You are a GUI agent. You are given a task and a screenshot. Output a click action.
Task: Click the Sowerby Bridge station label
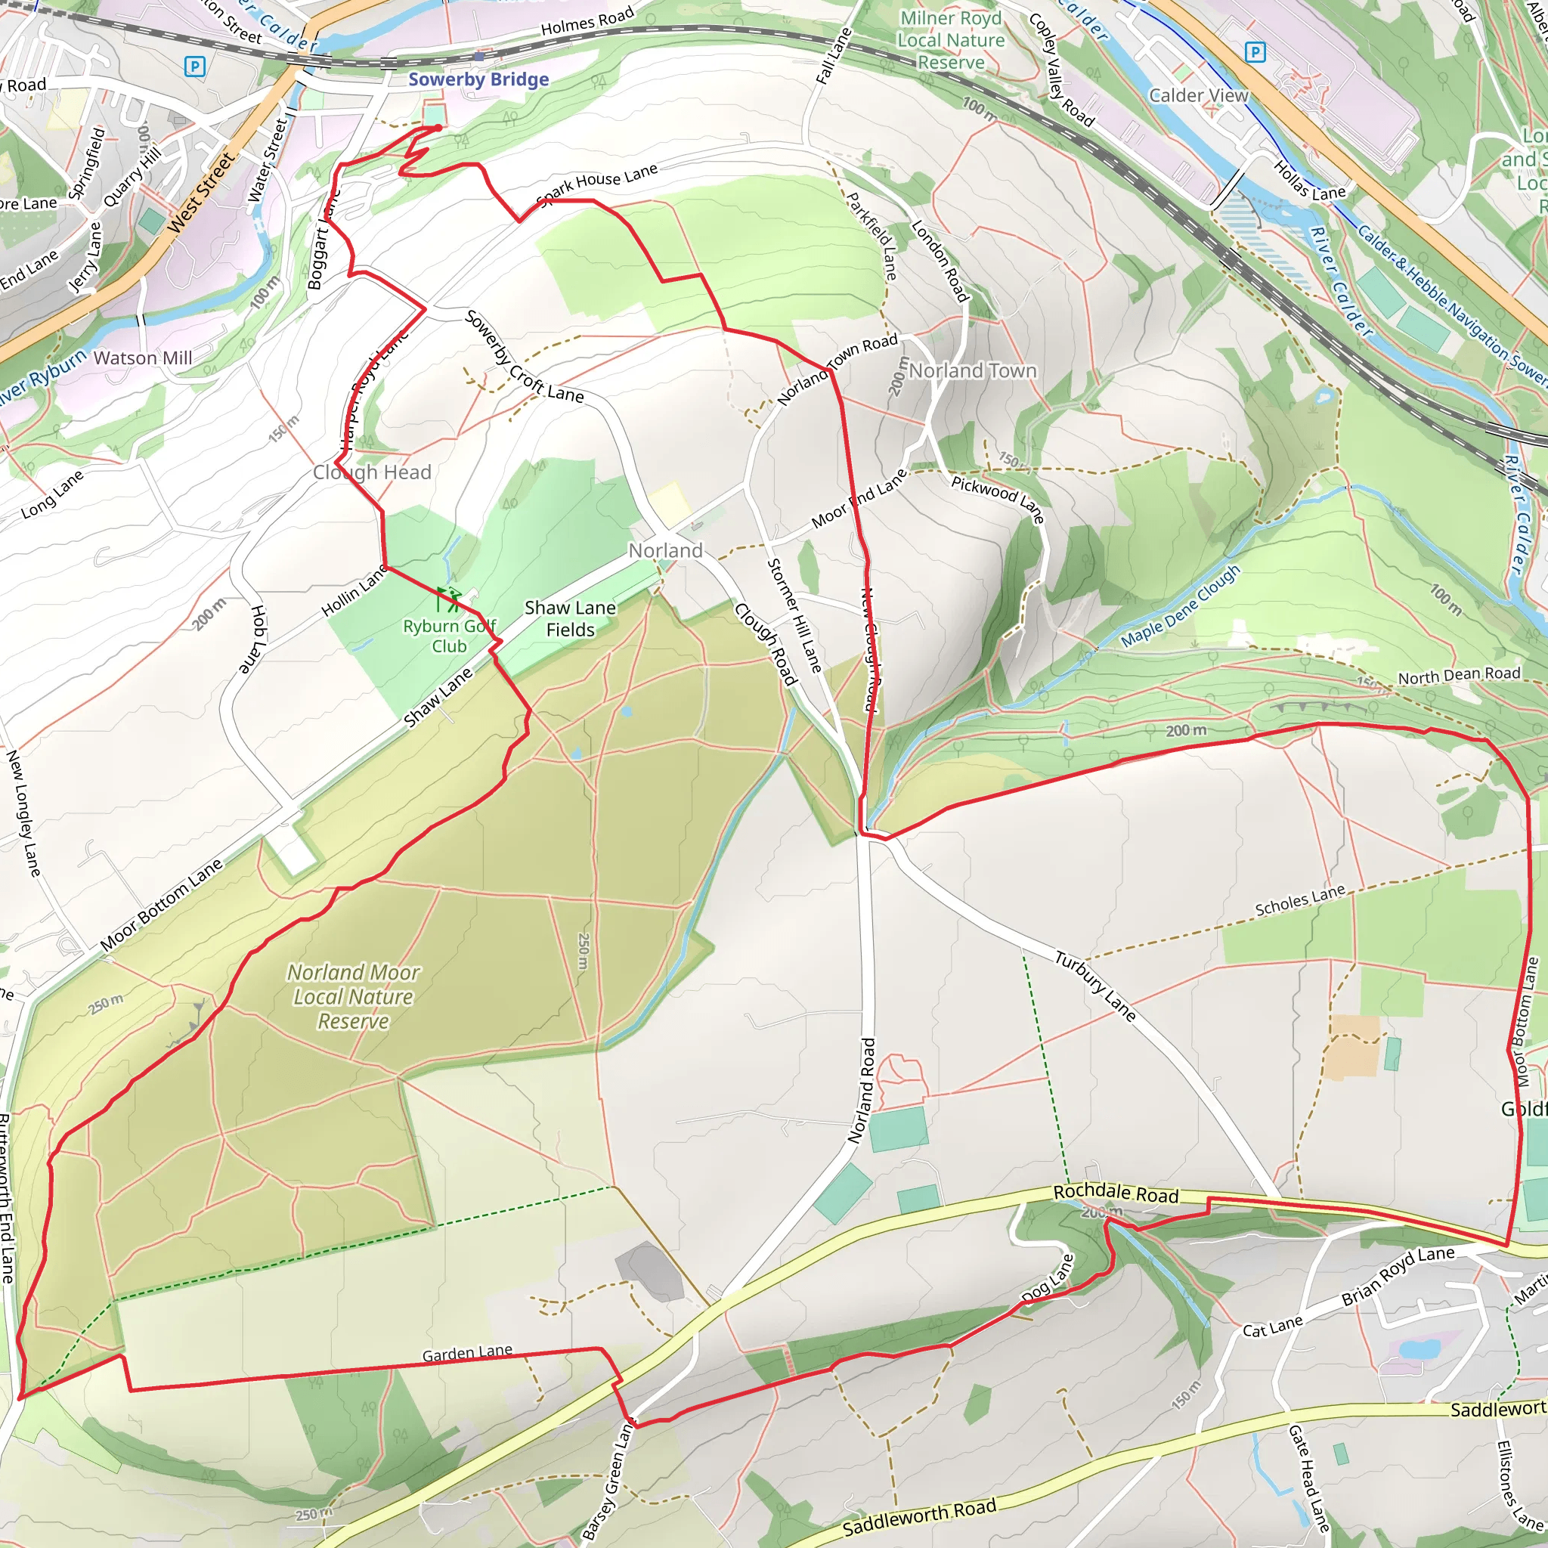click(478, 79)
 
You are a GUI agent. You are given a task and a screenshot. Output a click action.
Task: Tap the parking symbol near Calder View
click(1255, 53)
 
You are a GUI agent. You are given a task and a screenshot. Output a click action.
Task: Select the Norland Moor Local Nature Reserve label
click(353, 996)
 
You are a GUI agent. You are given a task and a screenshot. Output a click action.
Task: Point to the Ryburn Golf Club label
click(450, 636)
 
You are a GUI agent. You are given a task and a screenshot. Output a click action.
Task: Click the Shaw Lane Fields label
click(571, 618)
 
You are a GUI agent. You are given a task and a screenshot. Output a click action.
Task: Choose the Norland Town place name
click(973, 371)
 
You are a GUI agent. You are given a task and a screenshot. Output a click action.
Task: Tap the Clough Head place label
click(372, 472)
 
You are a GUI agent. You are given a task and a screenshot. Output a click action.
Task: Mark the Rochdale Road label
click(1116, 1194)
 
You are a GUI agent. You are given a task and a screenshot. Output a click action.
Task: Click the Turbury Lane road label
click(1094, 986)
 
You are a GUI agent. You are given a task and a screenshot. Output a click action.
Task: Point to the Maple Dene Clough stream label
click(1180, 605)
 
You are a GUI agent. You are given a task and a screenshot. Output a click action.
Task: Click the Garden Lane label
click(467, 1353)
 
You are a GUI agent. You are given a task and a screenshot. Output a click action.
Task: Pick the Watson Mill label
click(143, 358)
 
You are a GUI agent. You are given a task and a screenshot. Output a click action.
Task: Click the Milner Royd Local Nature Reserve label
click(951, 40)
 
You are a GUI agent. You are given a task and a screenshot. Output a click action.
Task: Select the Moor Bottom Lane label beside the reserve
click(161, 906)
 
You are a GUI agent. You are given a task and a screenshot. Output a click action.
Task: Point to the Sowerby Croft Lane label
click(524, 357)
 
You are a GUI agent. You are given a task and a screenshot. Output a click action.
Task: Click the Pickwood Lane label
click(998, 498)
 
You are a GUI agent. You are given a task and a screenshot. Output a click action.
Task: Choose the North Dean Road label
click(1459, 676)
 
